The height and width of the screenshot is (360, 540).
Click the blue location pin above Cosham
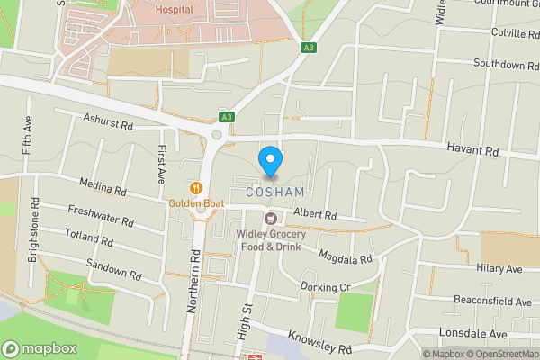point(270,160)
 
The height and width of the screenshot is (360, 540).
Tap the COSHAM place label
point(270,193)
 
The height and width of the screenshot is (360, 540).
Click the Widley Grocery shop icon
point(268,219)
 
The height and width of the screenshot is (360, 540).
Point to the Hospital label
point(174,10)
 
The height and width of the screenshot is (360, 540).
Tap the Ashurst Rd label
point(107,120)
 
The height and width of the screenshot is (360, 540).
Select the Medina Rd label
point(103,188)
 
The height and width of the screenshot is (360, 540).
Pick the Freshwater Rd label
point(101,216)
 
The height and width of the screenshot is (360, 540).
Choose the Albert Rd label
point(314,216)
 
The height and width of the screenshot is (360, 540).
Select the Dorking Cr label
point(324,288)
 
